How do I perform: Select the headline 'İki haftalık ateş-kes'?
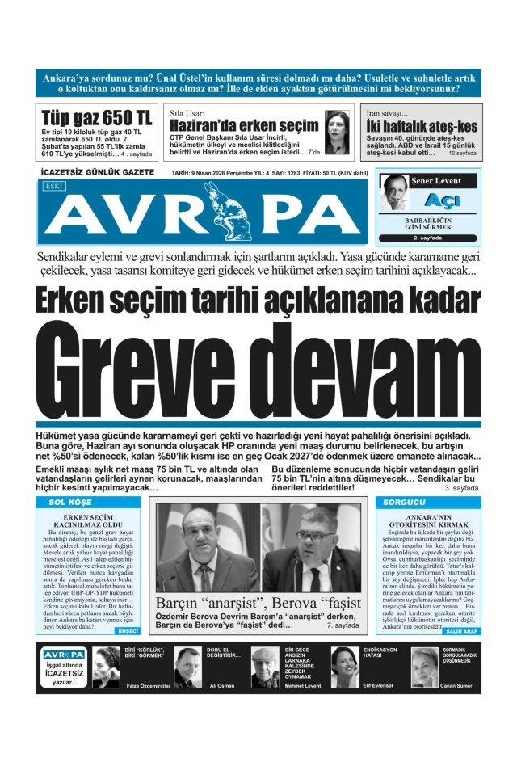pos(421,126)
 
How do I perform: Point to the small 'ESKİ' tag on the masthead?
pos(56,186)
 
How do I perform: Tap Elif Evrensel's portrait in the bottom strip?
pos(345,667)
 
